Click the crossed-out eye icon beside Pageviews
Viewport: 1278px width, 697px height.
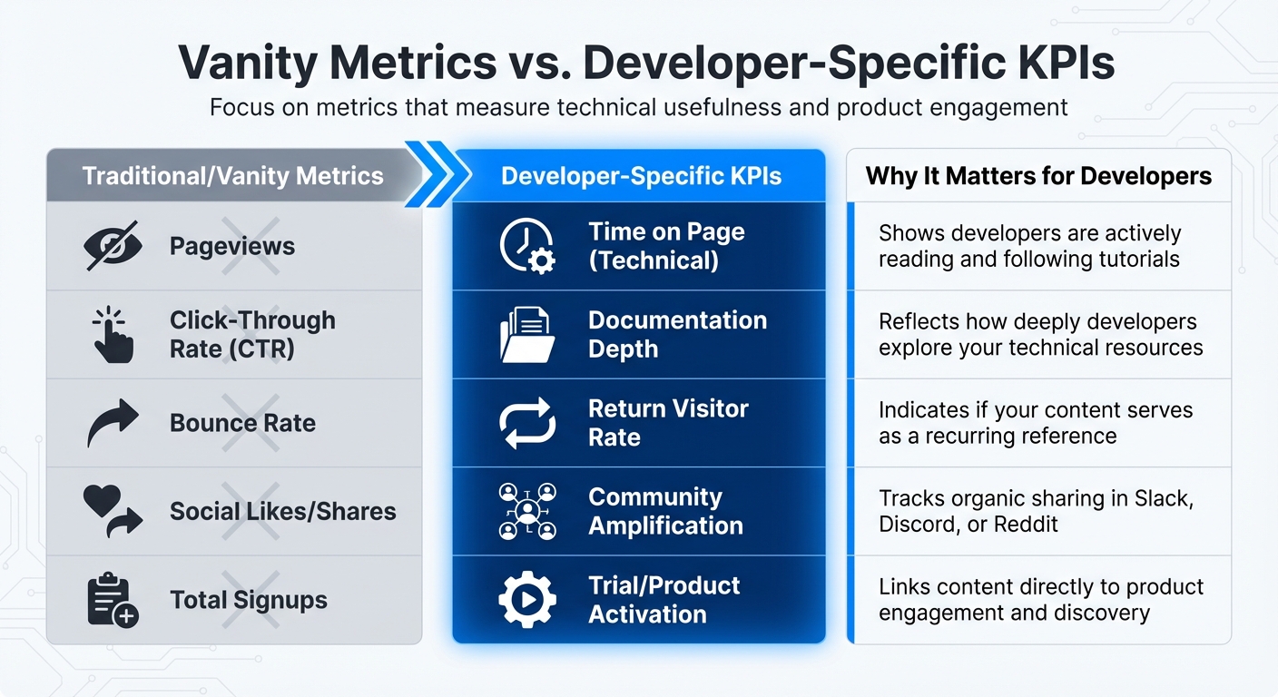point(111,246)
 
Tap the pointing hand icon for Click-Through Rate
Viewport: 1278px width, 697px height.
point(113,335)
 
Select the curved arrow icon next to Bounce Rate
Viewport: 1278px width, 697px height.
point(113,423)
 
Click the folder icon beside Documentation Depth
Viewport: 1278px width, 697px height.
point(526,335)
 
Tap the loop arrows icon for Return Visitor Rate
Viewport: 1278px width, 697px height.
point(526,423)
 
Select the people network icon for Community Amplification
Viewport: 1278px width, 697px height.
point(526,511)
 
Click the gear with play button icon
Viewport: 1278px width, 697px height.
point(526,600)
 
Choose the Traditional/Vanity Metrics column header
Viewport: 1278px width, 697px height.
point(232,175)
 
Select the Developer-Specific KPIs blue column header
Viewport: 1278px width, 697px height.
point(641,175)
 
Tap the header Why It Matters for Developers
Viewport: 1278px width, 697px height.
point(1038,175)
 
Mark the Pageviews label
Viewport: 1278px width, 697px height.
point(232,246)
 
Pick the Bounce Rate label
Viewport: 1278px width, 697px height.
point(242,423)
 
